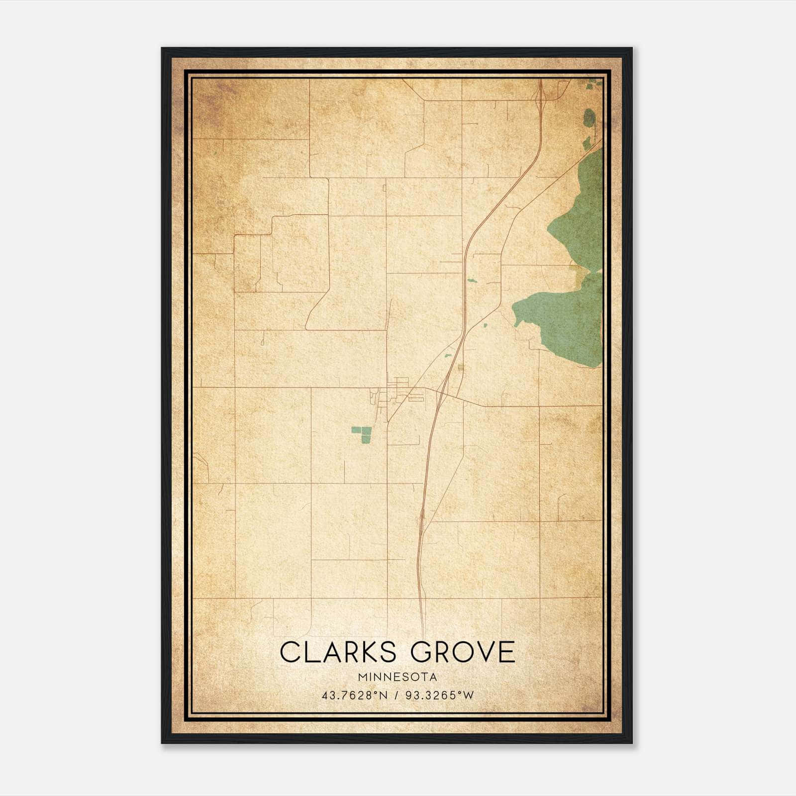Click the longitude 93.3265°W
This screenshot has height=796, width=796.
click(x=440, y=696)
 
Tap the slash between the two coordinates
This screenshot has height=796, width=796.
click(x=397, y=696)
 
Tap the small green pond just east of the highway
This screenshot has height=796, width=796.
click(x=472, y=281)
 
